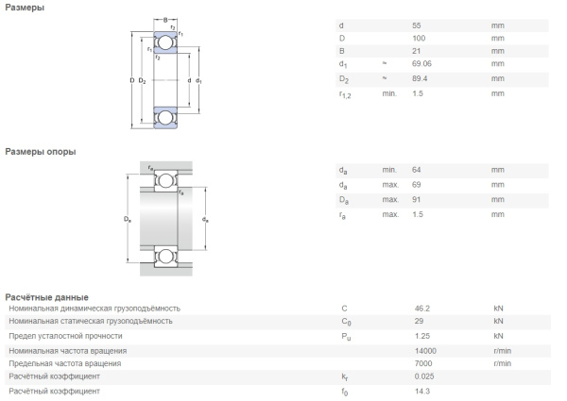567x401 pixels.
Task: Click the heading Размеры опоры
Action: pyautogui.click(x=40, y=152)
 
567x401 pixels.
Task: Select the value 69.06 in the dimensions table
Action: pyautogui.click(x=421, y=63)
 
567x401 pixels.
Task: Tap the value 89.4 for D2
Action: pyautogui.click(x=420, y=78)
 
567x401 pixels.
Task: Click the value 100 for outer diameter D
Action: pyautogui.click(x=419, y=39)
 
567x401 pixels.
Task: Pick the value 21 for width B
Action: pyautogui.click(x=416, y=51)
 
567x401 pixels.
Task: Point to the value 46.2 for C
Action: pyautogui.click(x=422, y=309)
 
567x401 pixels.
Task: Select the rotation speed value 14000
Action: pyautogui.click(x=425, y=351)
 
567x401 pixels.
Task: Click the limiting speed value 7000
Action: pyautogui.click(x=423, y=363)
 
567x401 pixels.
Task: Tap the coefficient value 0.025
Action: pyautogui.click(x=424, y=376)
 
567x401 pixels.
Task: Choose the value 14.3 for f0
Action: pyautogui.click(x=422, y=392)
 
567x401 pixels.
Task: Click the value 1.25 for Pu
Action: pyautogui.click(x=422, y=336)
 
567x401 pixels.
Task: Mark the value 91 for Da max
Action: pyautogui.click(x=416, y=200)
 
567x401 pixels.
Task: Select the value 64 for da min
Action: pyautogui.click(x=416, y=170)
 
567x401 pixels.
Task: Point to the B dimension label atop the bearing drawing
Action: pyautogui.click(x=165, y=20)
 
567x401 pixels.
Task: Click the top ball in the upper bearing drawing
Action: pyautogui.click(x=165, y=42)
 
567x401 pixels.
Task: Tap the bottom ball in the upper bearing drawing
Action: pyautogui.click(x=165, y=118)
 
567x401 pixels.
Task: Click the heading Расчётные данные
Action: pyautogui.click(x=46, y=297)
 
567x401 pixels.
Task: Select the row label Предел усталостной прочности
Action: pyautogui.click(x=65, y=336)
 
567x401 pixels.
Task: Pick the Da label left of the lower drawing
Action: pyautogui.click(x=128, y=219)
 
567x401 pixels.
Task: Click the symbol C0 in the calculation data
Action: pyautogui.click(x=346, y=322)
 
